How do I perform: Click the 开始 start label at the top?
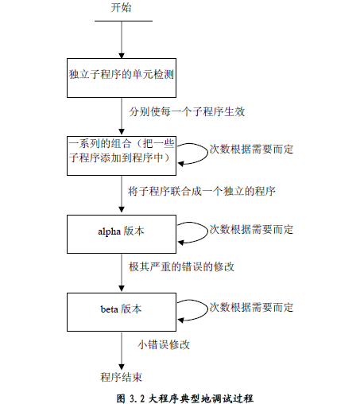coord(121,7)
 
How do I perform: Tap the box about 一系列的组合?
coord(121,152)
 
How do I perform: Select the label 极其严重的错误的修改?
coord(181,268)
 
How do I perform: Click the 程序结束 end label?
coord(121,375)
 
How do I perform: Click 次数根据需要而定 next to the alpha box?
coord(251,229)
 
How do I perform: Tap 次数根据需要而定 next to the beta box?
coord(251,306)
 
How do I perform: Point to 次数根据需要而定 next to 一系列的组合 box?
coord(251,149)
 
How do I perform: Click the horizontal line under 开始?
coord(121,21)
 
